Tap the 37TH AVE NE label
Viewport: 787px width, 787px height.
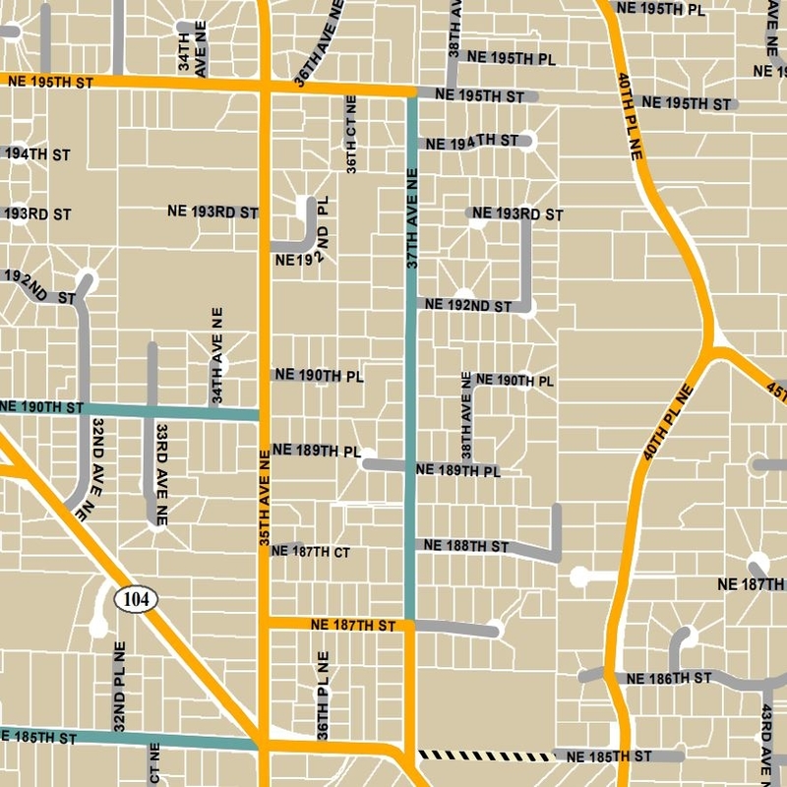[412, 218]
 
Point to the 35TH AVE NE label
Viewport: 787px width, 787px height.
[265, 501]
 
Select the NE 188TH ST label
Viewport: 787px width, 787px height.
[465, 546]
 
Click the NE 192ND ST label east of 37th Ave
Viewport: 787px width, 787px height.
[467, 306]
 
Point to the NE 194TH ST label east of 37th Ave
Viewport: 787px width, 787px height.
[471, 143]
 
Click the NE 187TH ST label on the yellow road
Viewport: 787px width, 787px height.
[352, 625]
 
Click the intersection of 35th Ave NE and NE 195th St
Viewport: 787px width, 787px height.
[265, 87]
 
